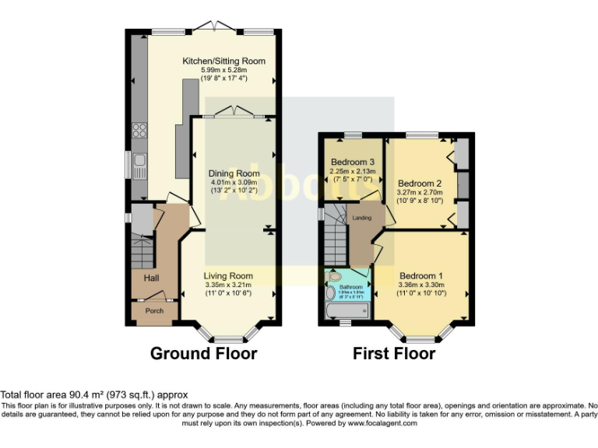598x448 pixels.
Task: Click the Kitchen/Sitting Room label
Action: pos(223,61)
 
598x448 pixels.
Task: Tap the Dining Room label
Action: pos(234,173)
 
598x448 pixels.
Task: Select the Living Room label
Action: pos(228,276)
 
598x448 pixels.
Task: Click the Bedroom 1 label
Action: pos(421,276)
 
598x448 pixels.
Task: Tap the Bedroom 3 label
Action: pos(353,163)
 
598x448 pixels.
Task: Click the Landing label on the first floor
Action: pos(363,218)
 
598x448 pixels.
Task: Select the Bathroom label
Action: pos(350,287)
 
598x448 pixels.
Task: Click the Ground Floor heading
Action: pos(203,354)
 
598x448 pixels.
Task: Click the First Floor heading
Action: pos(394,354)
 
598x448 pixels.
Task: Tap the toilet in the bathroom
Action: pos(335,276)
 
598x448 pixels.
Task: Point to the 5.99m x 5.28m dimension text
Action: pos(223,70)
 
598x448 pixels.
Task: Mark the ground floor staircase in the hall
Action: pos(142,253)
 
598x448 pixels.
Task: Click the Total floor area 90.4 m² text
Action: pos(94,395)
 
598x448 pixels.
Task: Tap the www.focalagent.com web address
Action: pos(382,424)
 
